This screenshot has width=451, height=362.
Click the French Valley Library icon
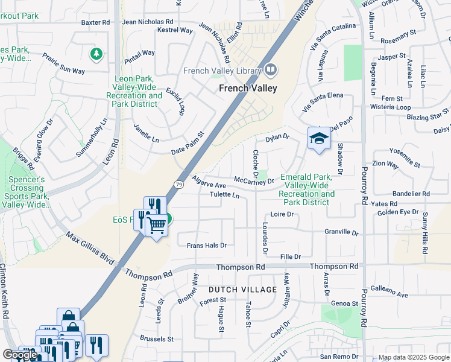tap(271, 70)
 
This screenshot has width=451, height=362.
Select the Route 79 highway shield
tap(179, 184)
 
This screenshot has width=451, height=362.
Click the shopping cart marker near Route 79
tap(157, 225)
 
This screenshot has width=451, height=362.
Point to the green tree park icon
tap(96, 55)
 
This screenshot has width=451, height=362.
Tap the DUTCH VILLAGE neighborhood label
tap(242, 290)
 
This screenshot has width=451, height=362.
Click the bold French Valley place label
tap(248, 88)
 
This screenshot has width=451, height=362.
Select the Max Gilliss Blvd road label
tap(90, 248)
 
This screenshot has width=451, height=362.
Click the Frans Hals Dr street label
tap(206, 246)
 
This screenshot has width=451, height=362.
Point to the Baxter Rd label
tap(96, 22)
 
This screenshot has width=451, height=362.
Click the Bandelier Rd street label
tap(411, 194)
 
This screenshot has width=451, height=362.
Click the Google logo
tap(20, 355)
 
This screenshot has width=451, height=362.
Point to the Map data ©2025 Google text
tap(413, 357)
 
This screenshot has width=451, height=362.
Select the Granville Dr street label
tap(341, 232)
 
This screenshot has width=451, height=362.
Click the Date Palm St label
tap(188, 143)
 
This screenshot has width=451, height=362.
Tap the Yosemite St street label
tap(405, 160)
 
